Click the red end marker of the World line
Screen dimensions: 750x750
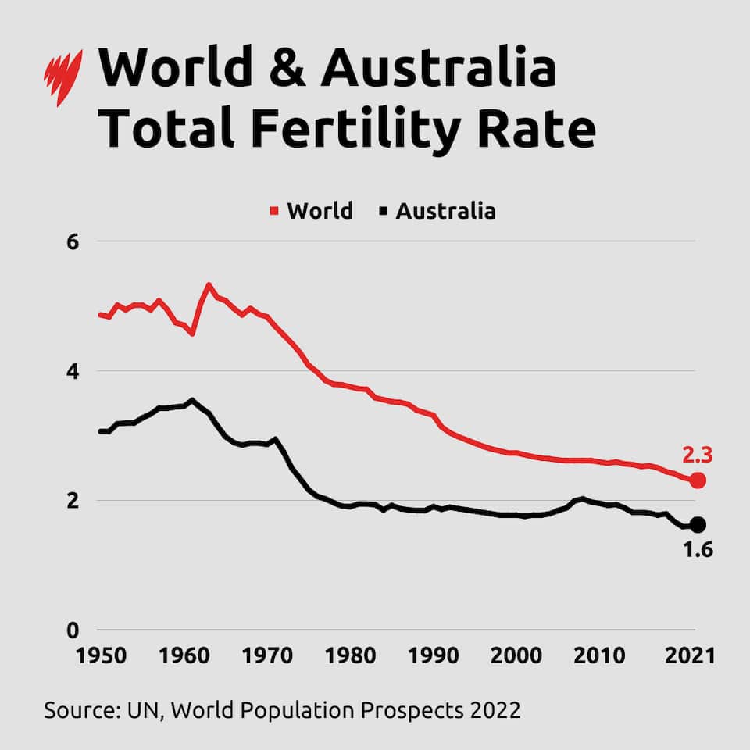(x=698, y=480)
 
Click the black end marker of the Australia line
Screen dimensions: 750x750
(x=698, y=524)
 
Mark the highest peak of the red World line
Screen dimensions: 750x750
(x=209, y=284)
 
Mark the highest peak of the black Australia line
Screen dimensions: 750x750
(x=192, y=400)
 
